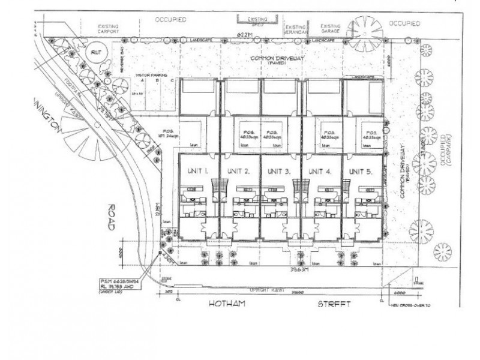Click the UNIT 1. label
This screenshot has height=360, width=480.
[197, 171]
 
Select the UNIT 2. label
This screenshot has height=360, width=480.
[238, 171]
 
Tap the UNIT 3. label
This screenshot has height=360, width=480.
[279, 171]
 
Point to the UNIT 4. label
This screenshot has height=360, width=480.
[320, 171]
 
